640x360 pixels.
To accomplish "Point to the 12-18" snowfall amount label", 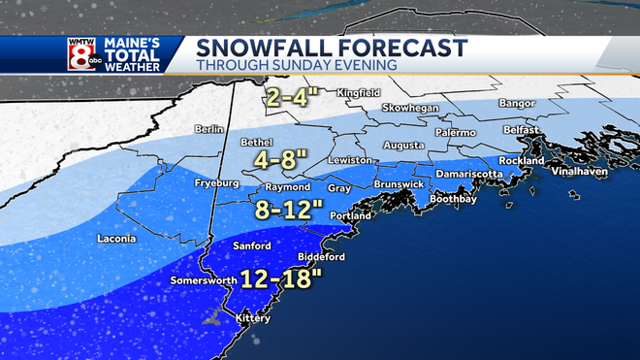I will [x=286, y=280].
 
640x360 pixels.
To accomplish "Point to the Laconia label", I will [x=117, y=238].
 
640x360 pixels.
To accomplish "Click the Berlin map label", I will [x=208, y=128].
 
